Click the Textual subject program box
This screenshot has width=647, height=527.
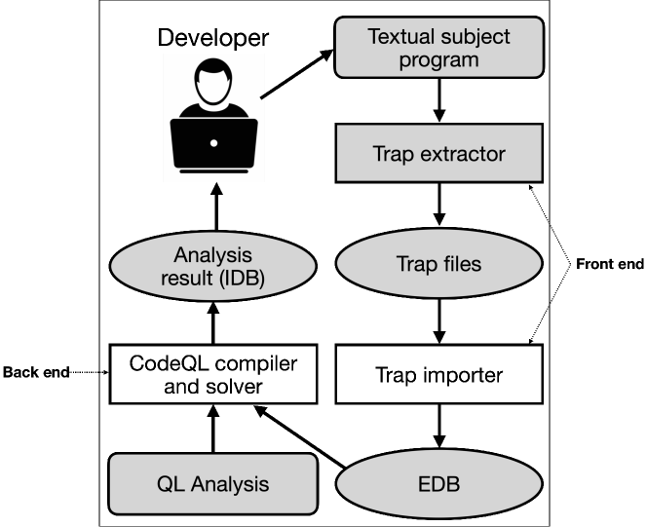pos(438,47)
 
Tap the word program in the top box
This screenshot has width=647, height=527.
pos(438,59)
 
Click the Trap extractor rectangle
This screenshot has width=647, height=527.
pos(438,153)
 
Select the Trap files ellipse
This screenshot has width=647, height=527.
pos(438,264)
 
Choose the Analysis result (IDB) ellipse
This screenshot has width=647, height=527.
pos(212,264)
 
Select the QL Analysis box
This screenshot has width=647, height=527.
pos(212,484)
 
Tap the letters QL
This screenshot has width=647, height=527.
pos(170,484)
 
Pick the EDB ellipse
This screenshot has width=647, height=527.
pos(438,484)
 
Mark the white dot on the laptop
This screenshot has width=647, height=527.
pos(213,143)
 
